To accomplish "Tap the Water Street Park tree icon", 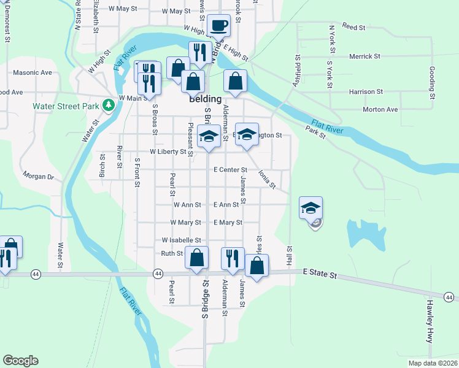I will pyautogui.click(x=109, y=105).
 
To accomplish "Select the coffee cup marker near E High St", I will pyautogui.click(x=218, y=26).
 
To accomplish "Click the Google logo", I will pyautogui.click(x=20, y=361).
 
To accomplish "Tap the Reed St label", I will pyautogui.click(x=354, y=27).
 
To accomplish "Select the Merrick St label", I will pyautogui.click(x=364, y=56).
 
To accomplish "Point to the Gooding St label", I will pyautogui.click(x=432, y=83).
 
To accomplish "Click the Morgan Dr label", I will pyautogui.click(x=39, y=176).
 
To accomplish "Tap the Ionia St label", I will pyautogui.click(x=266, y=178).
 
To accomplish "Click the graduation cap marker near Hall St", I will pyautogui.click(x=311, y=209).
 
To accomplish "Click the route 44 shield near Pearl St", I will pyautogui.click(x=158, y=273).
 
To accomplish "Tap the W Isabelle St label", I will pyautogui.click(x=182, y=240).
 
